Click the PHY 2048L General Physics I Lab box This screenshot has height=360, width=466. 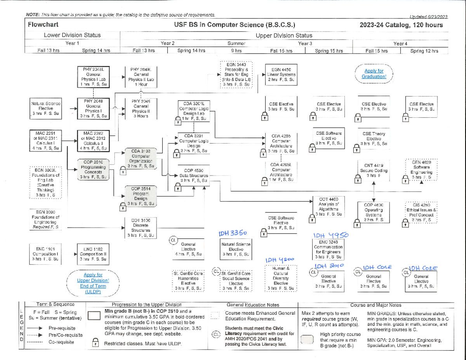click(94, 76)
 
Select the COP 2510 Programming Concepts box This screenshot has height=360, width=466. click(94, 169)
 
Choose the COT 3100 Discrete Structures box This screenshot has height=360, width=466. click(139, 227)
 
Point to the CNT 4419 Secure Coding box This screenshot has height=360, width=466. click(373, 170)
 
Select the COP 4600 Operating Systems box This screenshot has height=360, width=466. click(374, 212)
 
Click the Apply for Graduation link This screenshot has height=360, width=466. click(374, 74)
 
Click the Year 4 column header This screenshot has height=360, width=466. click(399, 43)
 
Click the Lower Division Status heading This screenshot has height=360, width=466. click(72, 35)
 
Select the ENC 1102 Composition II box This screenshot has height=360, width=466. click(93, 254)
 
